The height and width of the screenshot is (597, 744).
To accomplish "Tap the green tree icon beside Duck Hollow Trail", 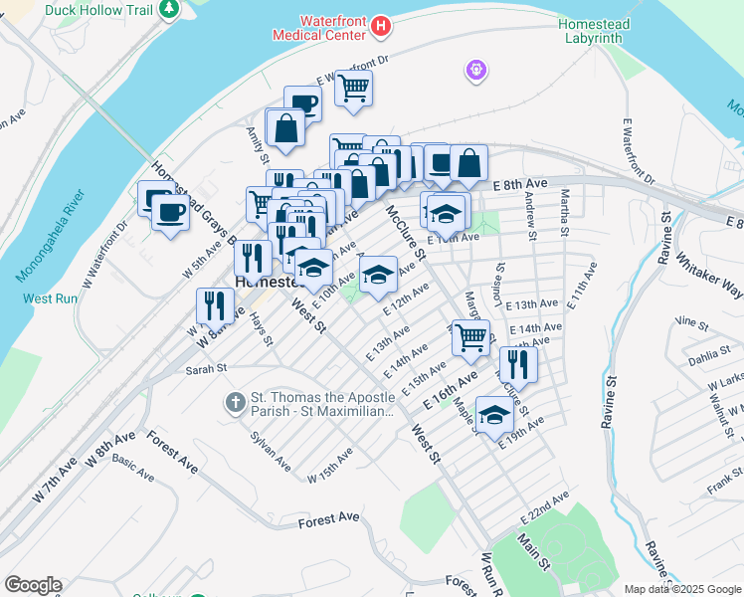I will (171, 9).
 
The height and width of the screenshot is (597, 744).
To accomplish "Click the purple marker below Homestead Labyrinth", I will (476, 69).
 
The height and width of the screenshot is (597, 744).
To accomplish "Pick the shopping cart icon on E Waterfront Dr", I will (353, 89).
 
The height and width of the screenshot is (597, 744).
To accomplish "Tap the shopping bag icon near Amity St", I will (285, 128).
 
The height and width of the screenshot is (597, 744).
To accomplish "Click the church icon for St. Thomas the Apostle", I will (235, 402).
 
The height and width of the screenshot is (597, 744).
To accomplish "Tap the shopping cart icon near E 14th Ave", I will (471, 336).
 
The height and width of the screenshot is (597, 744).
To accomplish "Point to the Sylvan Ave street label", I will (271, 451).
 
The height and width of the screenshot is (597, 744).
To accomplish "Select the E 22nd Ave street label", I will (544, 507).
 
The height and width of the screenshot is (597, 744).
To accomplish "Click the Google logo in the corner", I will (33, 585).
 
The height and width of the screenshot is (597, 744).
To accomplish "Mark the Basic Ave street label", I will (132, 468).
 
